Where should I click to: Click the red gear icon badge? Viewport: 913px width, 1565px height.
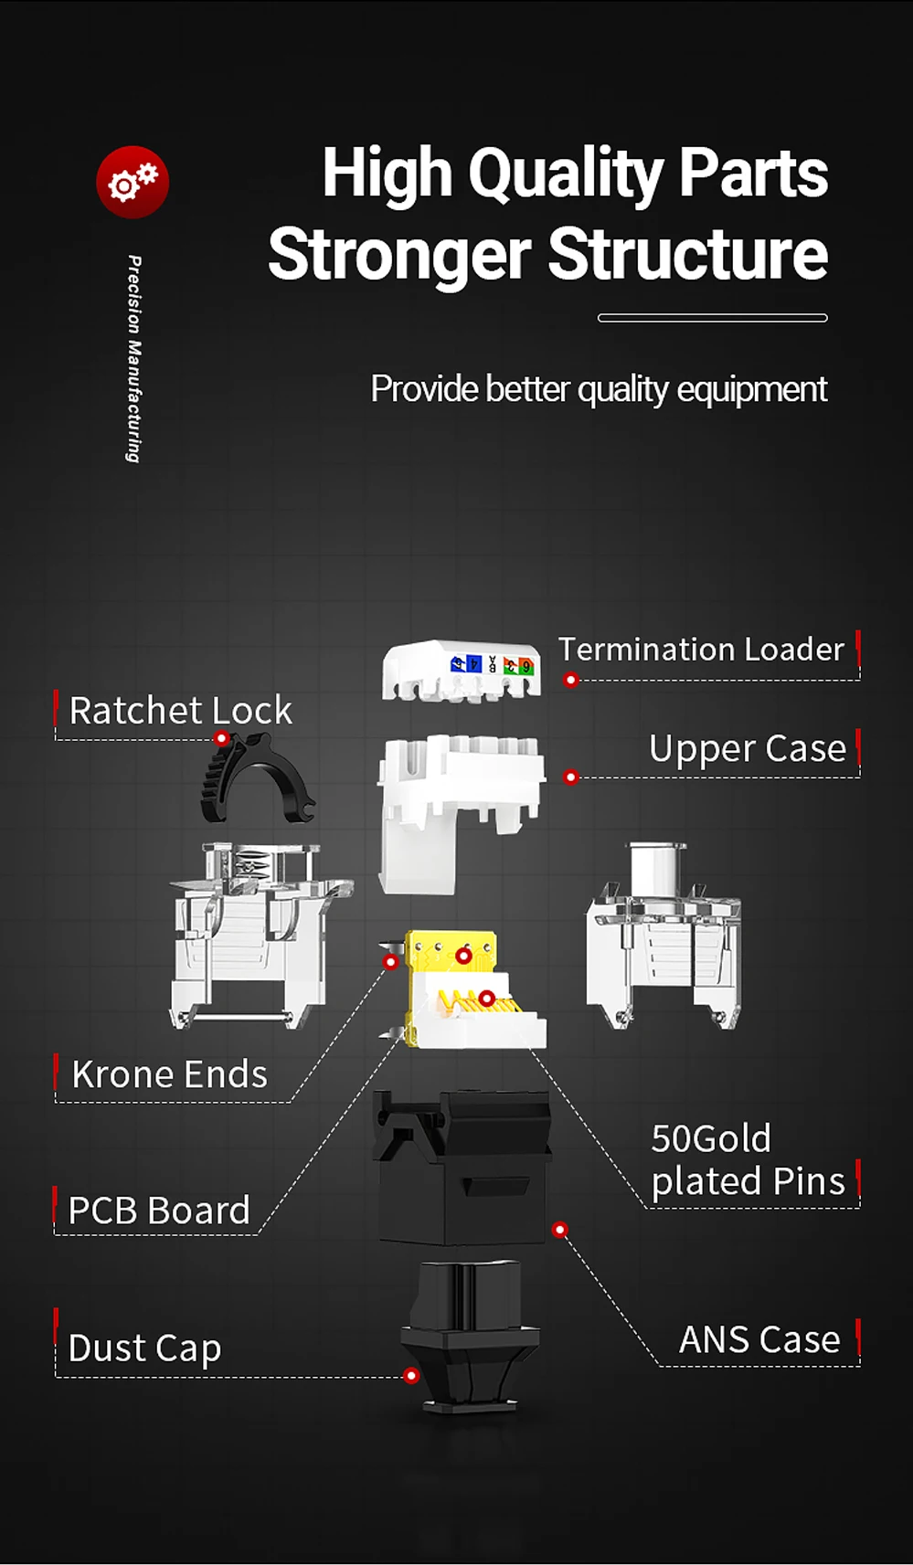point(133,182)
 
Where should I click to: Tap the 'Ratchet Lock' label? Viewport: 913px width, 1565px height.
point(181,711)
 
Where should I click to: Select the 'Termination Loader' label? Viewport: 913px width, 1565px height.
point(701,650)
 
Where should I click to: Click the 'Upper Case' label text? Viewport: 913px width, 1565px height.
point(748,749)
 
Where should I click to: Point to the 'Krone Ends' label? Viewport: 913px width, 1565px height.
point(170,1074)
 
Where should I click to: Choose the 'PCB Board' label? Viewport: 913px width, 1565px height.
point(159,1211)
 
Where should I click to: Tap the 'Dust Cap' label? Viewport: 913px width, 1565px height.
point(144,1348)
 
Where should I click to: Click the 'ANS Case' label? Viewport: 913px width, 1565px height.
point(759,1340)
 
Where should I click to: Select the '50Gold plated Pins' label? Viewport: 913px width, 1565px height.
point(748,1160)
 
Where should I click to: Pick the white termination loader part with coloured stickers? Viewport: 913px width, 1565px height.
point(462,671)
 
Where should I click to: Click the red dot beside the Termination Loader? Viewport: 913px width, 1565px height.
point(571,680)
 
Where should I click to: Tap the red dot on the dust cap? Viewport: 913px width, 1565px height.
point(411,1376)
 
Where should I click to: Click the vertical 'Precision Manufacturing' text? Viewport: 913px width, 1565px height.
point(134,359)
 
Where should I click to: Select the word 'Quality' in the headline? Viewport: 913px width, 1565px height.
point(566,174)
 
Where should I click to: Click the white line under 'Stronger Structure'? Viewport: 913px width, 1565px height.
point(713,318)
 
